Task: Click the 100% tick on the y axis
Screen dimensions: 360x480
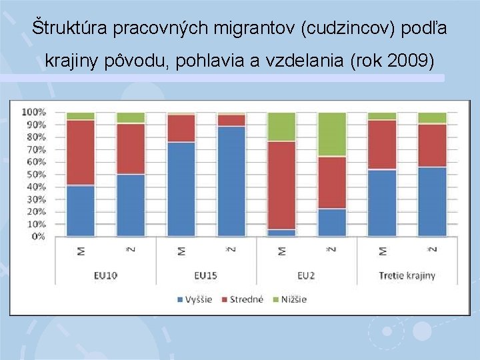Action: [x=35, y=112]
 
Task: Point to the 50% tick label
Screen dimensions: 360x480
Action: [x=37, y=175]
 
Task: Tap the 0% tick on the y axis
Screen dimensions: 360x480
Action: [x=39, y=237]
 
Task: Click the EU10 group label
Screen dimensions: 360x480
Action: [x=105, y=275]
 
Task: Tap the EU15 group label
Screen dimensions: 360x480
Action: [x=206, y=275]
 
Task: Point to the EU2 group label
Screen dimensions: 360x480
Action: [x=307, y=275]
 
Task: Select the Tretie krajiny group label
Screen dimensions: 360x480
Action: [x=407, y=275]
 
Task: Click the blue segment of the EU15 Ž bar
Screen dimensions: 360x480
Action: [x=231, y=181]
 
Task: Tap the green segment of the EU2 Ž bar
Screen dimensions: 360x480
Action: [x=331, y=133]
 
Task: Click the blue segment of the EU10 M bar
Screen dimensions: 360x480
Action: [x=80, y=211]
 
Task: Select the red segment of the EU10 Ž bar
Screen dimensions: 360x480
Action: [x=131, y=149]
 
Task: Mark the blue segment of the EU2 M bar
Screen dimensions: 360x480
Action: [x=281, y=233]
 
